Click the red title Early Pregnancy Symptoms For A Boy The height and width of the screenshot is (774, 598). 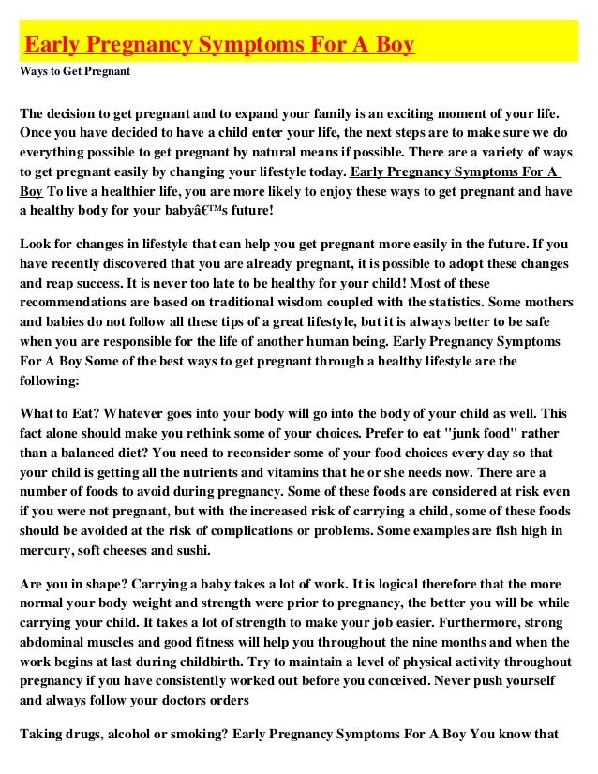(x=218, y=44)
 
